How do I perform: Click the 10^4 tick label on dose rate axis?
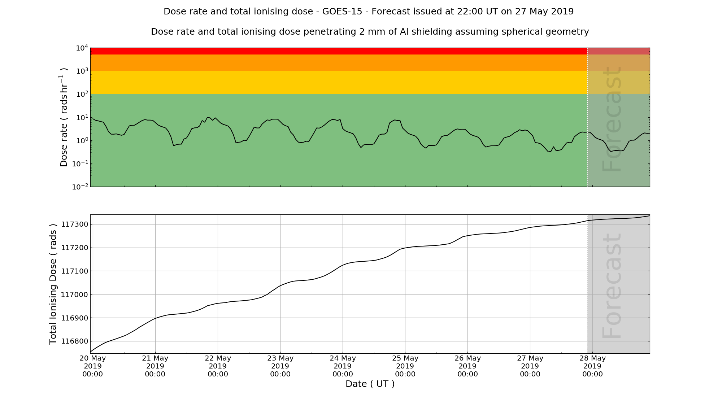click(x=82, y=48)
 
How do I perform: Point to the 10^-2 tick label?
click(x=80, y=187)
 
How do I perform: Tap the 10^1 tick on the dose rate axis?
click(x=82, y=118)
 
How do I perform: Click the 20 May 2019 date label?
click(x=93, y=366)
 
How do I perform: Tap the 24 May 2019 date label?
click(x=343, y=366)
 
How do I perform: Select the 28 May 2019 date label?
click(x=593, y=366)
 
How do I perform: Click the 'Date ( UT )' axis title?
click(x=370, y=384)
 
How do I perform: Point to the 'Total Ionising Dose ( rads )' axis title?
click(x=53, y=284)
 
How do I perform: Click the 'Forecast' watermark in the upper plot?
click(x=612, y=119)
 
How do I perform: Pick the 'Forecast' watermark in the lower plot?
click(x=612, y=286)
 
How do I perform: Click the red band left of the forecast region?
click(x=339, y=51)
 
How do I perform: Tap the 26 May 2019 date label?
click(x=468, y=366)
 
